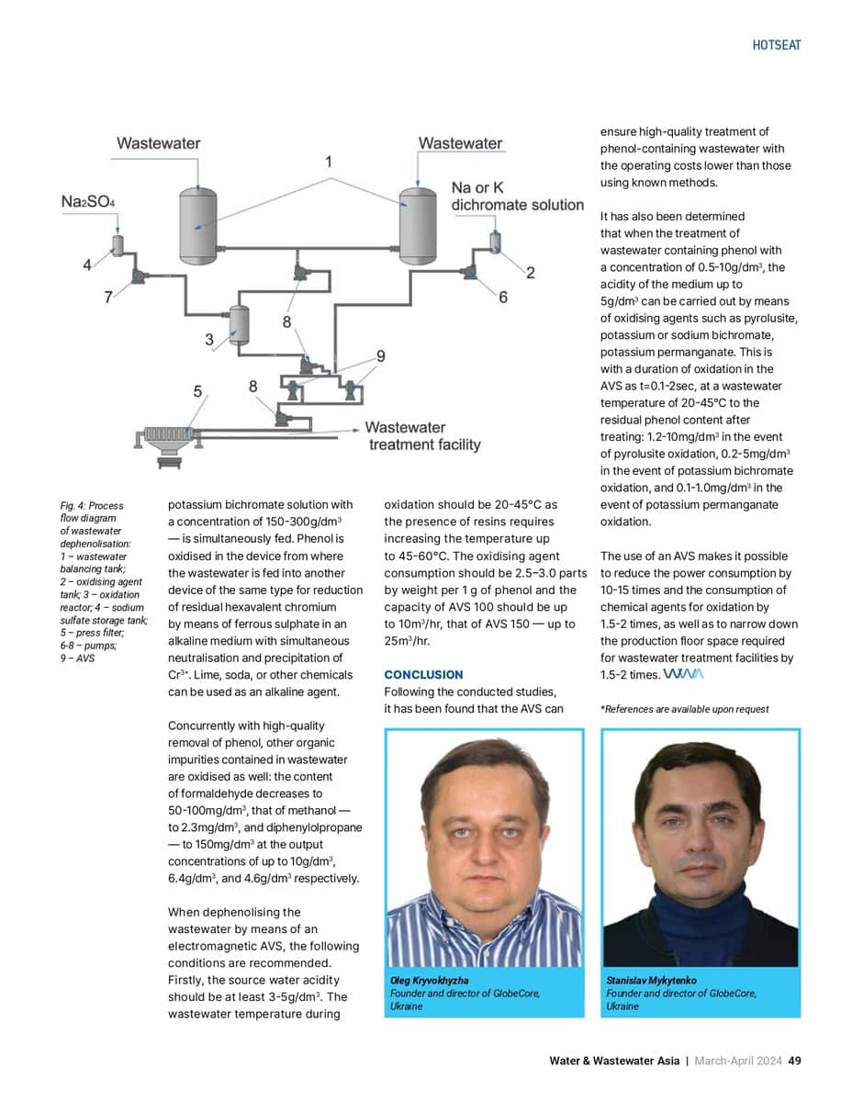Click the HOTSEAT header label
pyautogui.click(x=776, y=45)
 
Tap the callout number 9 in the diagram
pyautogui.click(x=381, y=355)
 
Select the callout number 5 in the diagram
pyautogui.click(x=197, y=392)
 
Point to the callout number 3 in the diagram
pyautogui.click(x=209, y=340)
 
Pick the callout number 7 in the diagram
pyautogui.click(x=108, y=297)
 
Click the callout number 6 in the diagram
pyautogui.click(x=503, y=297)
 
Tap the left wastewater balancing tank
pyautogui.click(x=197, y=223)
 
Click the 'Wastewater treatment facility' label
pyautogui.click(x=423, y=436)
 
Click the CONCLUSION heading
pyautogui.click(x=423, y=675)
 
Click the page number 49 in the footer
pyautogui.click(x=795, y=1061)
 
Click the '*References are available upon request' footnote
pyautogui.click(x=684, y=709)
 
